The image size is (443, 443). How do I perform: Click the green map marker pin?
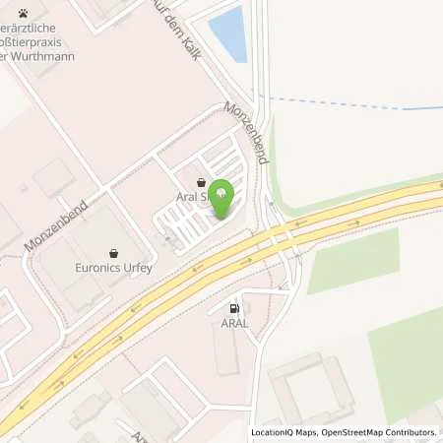pyautogui.click(x=223, y=195)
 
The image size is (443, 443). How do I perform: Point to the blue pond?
pyautogui.click(x=228, y=32)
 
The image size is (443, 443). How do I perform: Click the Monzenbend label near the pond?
pyautogui.click(x=246, y=131)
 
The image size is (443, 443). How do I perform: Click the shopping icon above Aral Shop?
pyautogui.click(x=202, y=182)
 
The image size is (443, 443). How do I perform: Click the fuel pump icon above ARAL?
pyautogui.click(x=233, y=307)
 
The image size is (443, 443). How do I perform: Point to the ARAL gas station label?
pyautogui.click(x=233, y=321)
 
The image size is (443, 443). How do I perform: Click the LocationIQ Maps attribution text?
pyautogui.click(x=285, y=432)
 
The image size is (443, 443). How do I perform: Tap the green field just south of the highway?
pyautogui.click(x=352, y=261)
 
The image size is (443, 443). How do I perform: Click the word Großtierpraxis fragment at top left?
pyautogui.click(x=39, y=42)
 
